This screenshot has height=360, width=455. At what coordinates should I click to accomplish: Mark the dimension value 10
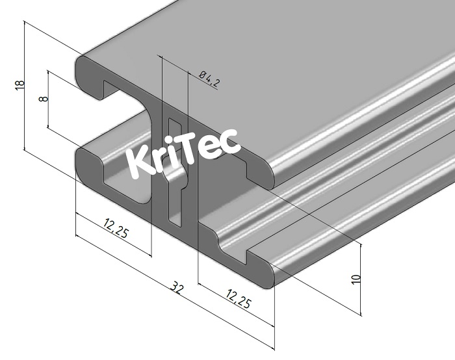[x=355, y=278]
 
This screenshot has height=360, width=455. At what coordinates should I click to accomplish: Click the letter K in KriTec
[x=140, y=162]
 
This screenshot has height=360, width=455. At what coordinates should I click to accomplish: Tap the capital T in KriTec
[x=194, y=149]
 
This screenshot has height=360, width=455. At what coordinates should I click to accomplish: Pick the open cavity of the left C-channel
[x=123, y=110]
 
